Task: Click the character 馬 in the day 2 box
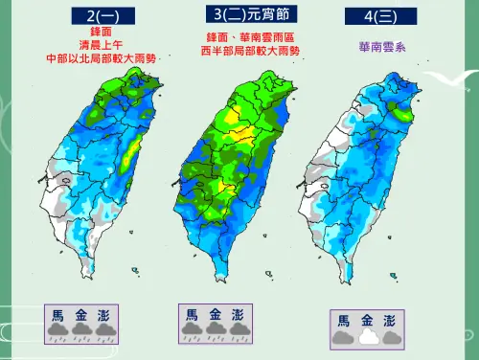coord(58,314)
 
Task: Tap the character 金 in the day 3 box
coord(215,314)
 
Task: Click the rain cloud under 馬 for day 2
coord(58,331)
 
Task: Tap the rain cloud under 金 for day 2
coord(81,331)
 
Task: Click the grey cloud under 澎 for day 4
coord(391,337)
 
